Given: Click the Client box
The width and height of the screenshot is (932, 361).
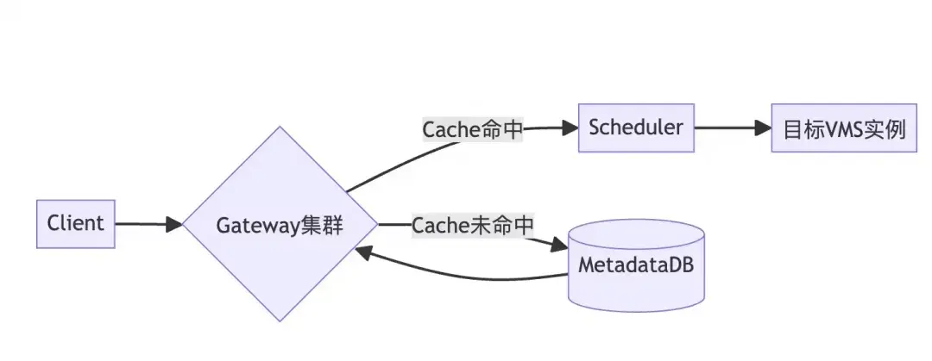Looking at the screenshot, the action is pyautogui.click(x=75, y=224).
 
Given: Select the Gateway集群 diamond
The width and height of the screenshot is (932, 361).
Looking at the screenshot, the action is pyautogui.click(x=280, y=224).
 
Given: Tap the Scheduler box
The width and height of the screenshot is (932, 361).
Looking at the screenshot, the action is pyautogui.click(x=636, y=128).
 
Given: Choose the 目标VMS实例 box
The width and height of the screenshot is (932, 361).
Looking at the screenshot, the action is pyautogui.click(x=844, y=128).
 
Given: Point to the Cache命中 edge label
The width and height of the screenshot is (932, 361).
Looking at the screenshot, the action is pyautogui.click(x=473, y=129).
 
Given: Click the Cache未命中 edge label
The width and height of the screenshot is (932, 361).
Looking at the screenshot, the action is pyautogui.click(x=473, y=226).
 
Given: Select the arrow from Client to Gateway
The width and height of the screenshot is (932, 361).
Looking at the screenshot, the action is pyautogui.click(x=148, y=224).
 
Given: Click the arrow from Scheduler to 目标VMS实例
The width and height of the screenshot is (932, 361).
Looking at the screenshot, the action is pyautogui.click(x=733, y=128).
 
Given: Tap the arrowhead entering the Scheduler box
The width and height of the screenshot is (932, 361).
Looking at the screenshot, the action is pyautogui.click(x=570, y=128).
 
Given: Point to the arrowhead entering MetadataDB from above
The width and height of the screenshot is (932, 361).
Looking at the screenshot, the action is pyautogui.click(x=559, y=245).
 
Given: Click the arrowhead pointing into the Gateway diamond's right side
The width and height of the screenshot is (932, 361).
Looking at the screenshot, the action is pyautogui.click(x=364, y=252).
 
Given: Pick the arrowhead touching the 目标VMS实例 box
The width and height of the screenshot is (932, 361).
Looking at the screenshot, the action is pyautogui.click(x=763, y=128).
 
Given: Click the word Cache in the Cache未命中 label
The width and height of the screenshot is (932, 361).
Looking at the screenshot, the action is pyautogui.click(x=441, y=226).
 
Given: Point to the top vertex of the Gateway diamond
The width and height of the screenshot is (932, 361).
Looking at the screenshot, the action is pyautogui.click(x=280, y=127).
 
